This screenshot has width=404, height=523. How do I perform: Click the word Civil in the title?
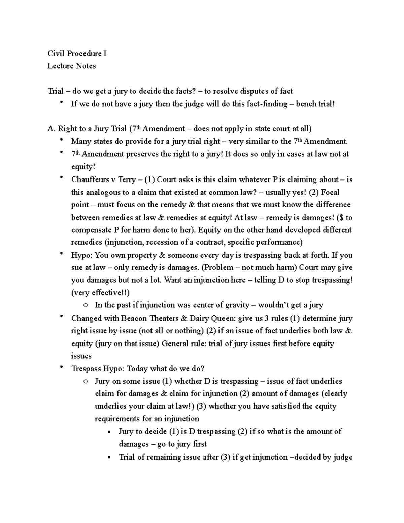(x=56, y=53)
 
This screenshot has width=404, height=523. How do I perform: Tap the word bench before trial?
(x=306, y=104)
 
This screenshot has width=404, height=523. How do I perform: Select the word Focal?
(x=330, y=192)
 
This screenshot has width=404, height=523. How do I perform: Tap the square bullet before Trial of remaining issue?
(x=109, y=458)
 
